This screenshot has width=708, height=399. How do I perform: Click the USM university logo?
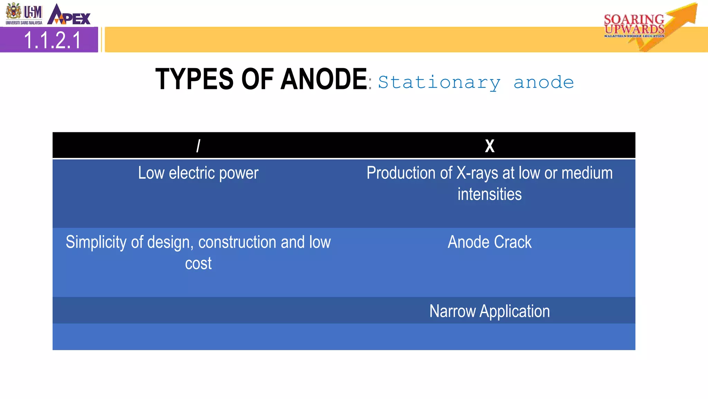pyautogui.click(x=24, y=14)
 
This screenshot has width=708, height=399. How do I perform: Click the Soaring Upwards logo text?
pyautogui.click(x=634, y=25)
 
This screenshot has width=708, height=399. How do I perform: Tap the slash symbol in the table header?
pyautogui.click(x=198, y=146)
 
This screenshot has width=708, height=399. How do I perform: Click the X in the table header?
pyautogui.click(x=490, y=146)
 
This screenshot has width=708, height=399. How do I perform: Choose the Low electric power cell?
pyautogui.click(x=198, y=173)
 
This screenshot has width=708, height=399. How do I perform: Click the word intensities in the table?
pyautogui.click(x=490, y=194)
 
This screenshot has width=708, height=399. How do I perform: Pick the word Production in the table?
pyautogui.click(x=409, y=173)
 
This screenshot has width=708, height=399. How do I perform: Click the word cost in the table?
pyautogui.click(x=198, y=264)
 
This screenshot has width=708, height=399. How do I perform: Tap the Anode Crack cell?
pyautogui.click(x=490, y=242)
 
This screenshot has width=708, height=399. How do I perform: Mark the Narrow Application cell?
pyautogui.click(x=490, y=311)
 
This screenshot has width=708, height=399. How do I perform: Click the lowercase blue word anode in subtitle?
pyautogui.click(x=543, y=82)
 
